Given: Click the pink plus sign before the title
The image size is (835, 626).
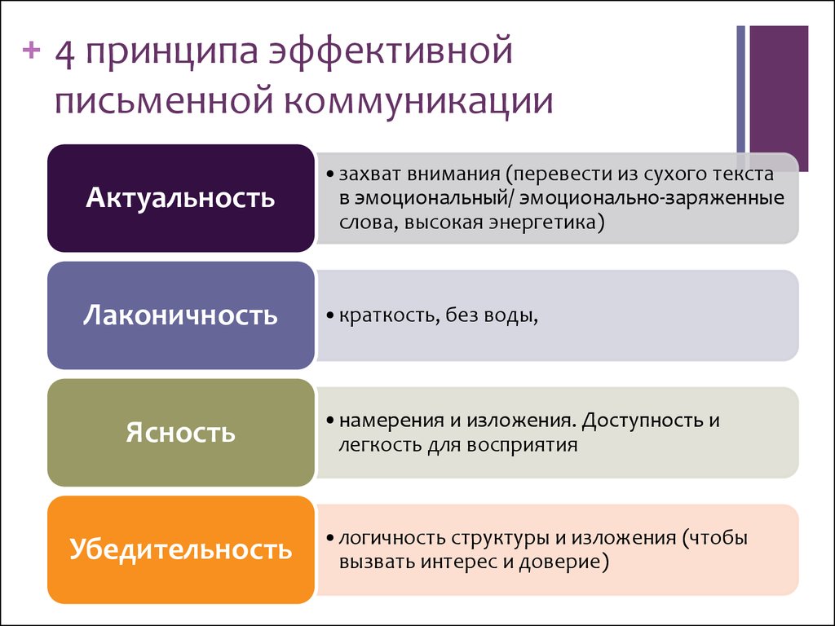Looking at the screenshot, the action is [32, 51].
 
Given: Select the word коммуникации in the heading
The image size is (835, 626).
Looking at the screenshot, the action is [418, 101].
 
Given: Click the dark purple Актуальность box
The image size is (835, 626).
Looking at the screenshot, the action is [180, 198].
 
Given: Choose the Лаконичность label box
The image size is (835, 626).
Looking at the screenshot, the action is [180, 315].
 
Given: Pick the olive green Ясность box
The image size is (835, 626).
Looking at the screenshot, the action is [180, 432].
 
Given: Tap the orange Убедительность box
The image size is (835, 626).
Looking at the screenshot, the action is [180, 549].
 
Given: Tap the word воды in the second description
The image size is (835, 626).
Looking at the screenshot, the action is [510, 315].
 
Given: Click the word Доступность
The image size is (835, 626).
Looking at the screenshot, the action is [643, 421].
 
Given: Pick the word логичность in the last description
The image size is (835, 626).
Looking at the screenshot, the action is [392, 538].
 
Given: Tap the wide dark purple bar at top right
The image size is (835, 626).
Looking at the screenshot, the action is [779, 98].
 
